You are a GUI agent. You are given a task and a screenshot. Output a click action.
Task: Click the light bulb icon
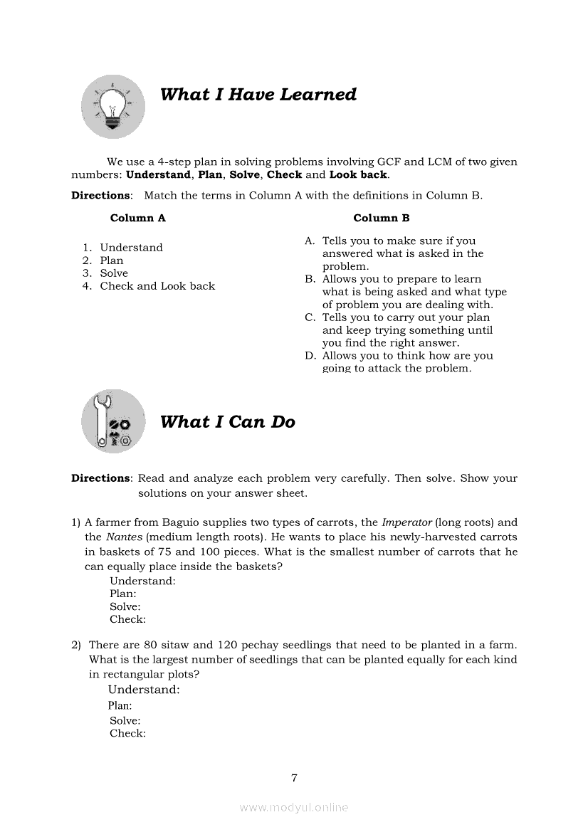(113, 106)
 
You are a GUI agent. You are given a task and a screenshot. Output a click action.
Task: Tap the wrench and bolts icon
(113, 421)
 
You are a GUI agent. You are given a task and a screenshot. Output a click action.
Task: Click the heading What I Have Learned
(258, 95)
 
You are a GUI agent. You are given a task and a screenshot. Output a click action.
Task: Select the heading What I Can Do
(227, 422)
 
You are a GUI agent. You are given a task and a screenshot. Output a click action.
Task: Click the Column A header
(137, 218)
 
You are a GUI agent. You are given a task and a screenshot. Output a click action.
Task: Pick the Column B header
(381, 218)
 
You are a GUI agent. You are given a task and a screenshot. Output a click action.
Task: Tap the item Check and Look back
(157, 286)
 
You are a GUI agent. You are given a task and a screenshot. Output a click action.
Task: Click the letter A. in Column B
(310, 241)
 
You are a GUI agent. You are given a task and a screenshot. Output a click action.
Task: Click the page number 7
(293, 777)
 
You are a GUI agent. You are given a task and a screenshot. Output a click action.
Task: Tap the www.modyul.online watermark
(294, 808)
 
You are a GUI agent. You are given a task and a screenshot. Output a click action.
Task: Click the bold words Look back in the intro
(358, 174)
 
